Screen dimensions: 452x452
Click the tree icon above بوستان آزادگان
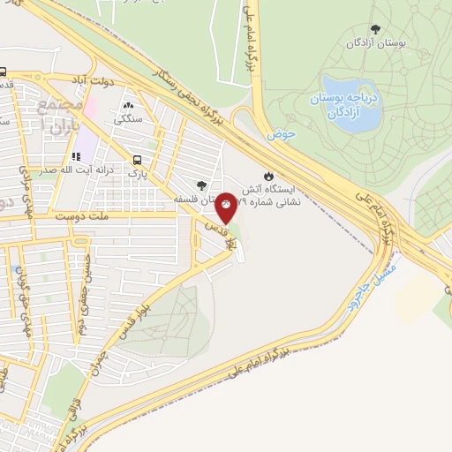pos(375,28)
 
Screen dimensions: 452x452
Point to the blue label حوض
pos(280,135)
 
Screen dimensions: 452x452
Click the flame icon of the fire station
pos(268,174)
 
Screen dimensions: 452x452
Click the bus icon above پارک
pos(137,160)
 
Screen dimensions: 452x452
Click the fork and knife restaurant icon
pos(75,156)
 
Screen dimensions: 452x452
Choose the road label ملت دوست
pos(79,215)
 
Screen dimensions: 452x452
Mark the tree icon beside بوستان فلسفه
pos(202,185)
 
